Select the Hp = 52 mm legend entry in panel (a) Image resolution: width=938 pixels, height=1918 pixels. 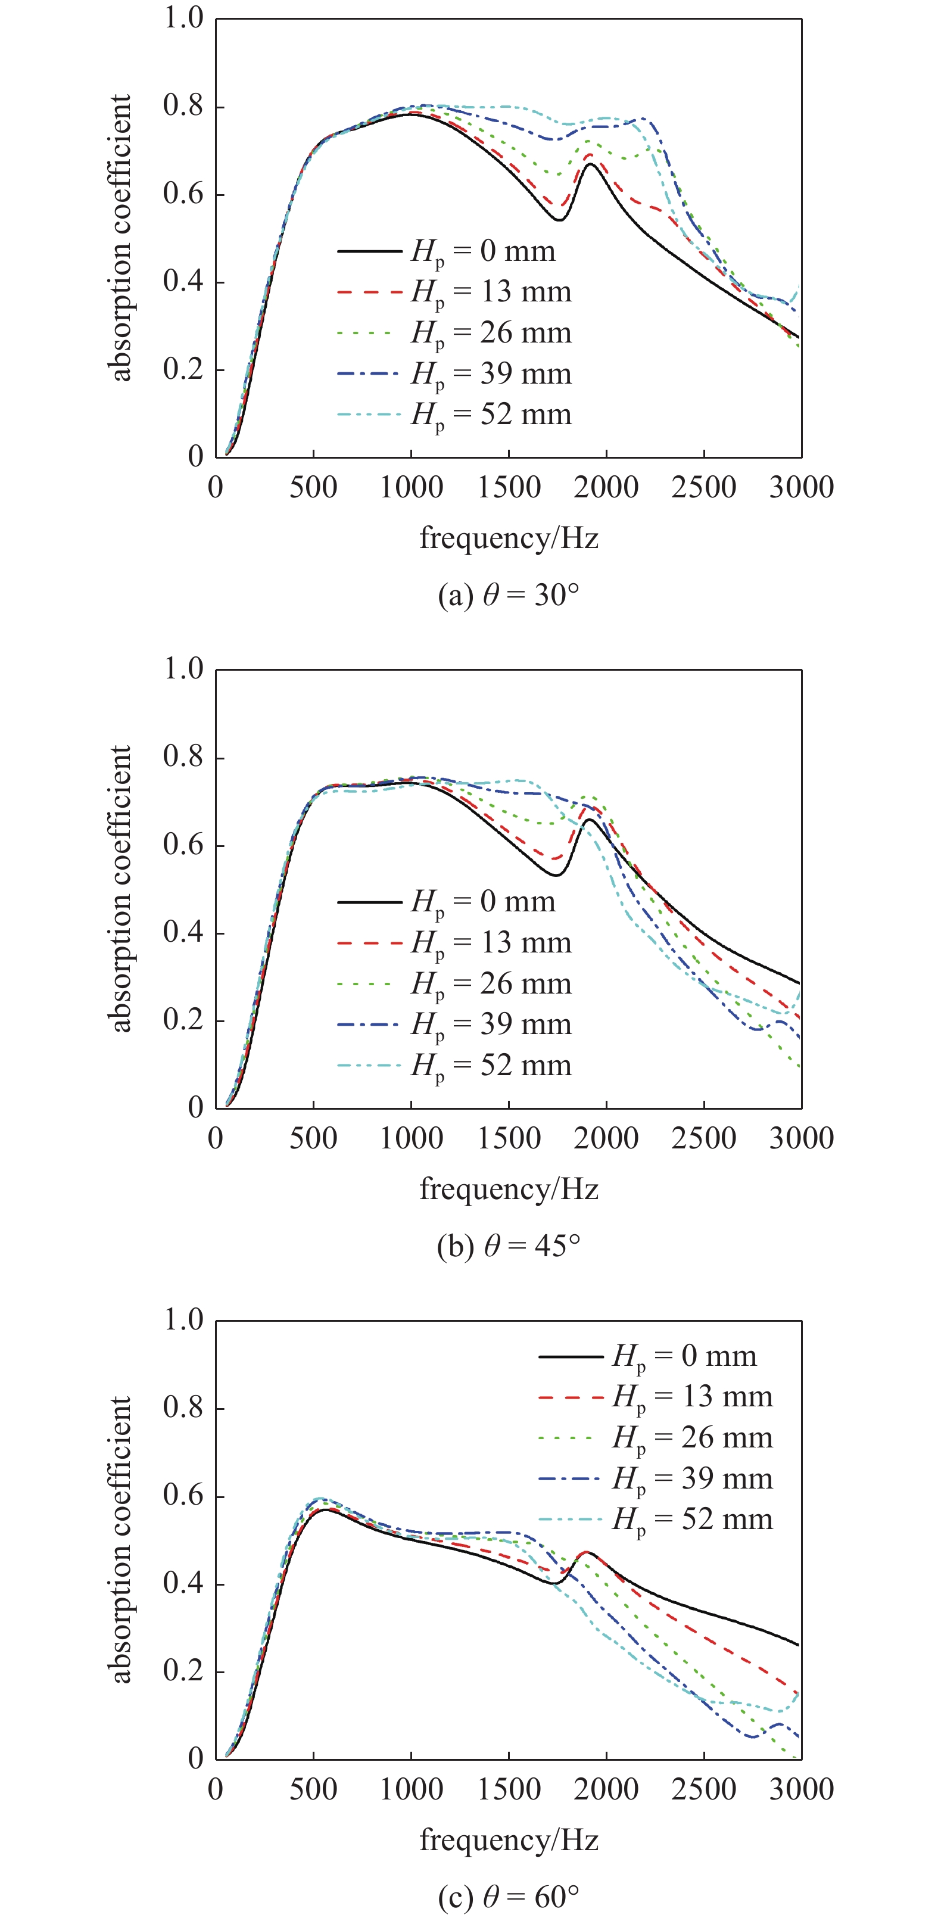click(454, 415)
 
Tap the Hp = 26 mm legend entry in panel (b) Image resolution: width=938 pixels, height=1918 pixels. click(454, 984)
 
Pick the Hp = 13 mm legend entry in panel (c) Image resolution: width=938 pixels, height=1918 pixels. click(655, 1397)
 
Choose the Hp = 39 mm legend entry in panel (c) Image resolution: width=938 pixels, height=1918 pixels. click(655, 1478)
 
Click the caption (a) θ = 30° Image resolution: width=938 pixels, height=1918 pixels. click(509, 596)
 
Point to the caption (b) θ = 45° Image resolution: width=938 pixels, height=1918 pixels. click(509, 1246)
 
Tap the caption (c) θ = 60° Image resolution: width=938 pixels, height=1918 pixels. click(509, 1897)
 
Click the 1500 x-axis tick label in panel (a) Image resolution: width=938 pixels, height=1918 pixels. click(509, 488)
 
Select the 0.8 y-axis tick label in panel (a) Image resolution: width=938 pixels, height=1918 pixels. click(183, 107)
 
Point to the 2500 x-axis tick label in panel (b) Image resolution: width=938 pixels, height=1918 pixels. click(703, 1138)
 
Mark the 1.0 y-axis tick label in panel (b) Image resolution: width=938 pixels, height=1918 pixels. click(183, 670)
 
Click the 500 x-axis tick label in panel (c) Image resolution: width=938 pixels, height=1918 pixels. click(313, 1789)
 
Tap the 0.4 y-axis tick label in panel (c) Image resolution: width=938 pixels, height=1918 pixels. click(183, 1584)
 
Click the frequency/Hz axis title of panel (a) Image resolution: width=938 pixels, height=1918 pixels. click(509, 537)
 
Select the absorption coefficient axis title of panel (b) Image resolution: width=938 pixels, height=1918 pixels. click(120, 888)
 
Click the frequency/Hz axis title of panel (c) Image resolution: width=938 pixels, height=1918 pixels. click(509, 1839)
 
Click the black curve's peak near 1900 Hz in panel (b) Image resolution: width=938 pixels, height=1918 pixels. click(589, 820)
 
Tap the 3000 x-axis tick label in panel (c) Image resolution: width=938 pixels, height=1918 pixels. click(801, 1789)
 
